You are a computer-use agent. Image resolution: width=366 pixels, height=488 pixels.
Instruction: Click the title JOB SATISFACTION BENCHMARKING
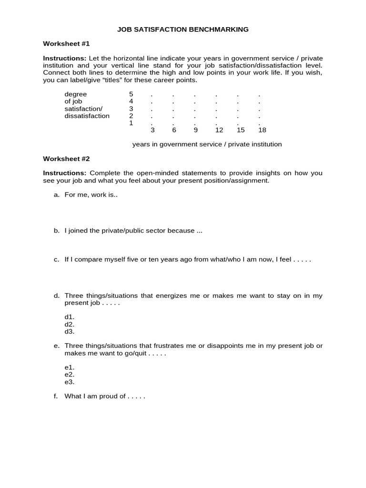(183, 30)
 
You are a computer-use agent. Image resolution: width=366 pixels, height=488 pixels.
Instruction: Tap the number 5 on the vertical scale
(131, 94)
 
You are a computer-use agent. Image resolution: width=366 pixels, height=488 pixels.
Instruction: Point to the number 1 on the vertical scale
(131, 123)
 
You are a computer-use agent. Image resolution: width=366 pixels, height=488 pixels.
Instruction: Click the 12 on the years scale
(219, 130)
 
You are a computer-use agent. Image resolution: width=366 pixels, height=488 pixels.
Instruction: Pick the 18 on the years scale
(262, 130)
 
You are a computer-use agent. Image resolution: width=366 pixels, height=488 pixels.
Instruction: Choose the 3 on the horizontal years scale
(152, 130)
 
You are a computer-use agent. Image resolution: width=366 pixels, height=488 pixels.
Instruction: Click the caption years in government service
(207, 144)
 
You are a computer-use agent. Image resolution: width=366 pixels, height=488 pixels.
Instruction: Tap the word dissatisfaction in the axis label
(87, 116)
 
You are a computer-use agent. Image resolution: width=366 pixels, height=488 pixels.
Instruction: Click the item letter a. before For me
(57, 195)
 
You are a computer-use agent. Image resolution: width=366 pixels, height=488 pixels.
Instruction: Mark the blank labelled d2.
(70, 325)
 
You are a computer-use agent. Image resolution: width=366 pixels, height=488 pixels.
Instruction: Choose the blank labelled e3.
(70, 382)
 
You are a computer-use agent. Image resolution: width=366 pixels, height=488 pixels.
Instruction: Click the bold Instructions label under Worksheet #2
(65, 173)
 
